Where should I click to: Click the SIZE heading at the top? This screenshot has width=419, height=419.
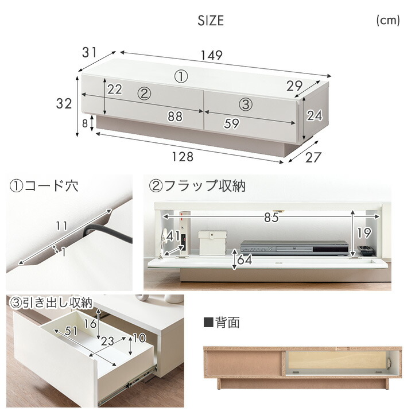click(211, 21)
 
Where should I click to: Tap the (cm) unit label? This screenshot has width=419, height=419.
click(388, 20)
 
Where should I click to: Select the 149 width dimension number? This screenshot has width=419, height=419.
click(211, 55)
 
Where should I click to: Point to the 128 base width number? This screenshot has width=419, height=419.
click(183, 157)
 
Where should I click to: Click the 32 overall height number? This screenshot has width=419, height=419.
click(64, 104)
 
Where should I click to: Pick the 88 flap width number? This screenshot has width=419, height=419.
click(175, 117)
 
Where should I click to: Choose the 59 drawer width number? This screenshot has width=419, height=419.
click(232, 123)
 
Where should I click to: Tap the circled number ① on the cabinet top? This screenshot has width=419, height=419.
click(181, 77)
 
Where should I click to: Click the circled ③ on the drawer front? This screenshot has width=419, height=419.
click(246, 104)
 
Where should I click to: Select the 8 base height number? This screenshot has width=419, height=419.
click(85, 123)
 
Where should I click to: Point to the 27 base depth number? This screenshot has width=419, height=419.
click(313, 157)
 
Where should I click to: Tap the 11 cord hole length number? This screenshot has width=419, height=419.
click(61, 226)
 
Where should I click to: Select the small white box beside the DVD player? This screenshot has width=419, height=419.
click(212, 243)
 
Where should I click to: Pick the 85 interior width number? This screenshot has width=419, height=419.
click(271, 218)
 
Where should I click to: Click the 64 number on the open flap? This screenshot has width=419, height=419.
click(245, 259)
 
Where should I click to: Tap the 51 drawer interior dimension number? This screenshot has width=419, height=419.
click(71, 331)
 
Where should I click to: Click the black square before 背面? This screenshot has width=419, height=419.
click(208, 322)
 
